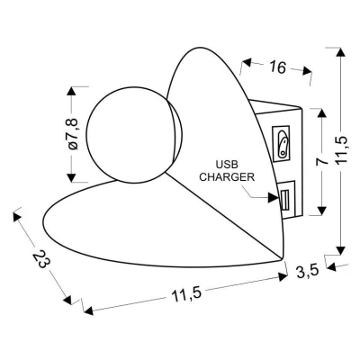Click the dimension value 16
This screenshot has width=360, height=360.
click(x=277, y=67)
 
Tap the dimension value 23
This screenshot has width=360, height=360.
click(x=41, y=258)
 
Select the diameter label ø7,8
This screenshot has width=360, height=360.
click(x=73, y=134)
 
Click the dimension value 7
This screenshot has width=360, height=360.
click(x=322, y=161)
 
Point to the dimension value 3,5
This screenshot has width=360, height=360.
click(x=307, y=272)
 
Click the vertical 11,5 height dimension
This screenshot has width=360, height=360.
click(x=341, y=149)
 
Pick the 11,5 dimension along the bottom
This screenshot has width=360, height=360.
click(x=186, y=294)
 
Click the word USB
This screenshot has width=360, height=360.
click(x=227, y=165)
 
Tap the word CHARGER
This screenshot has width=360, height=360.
click(x=227, y=177)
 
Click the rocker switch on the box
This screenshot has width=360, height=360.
click(x=283, y=144)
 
